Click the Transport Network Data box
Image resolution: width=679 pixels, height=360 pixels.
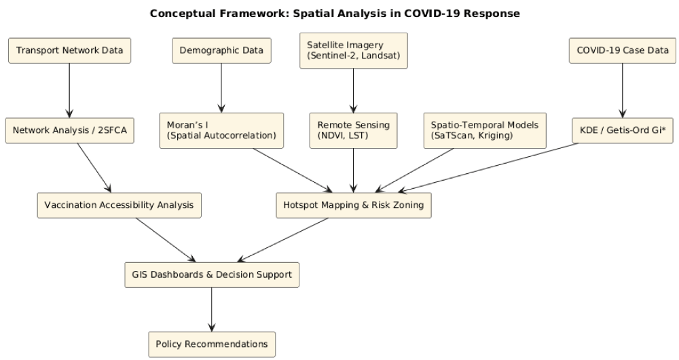click(x=69, y=51)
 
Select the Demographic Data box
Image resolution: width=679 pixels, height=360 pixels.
click(x=222, y=51)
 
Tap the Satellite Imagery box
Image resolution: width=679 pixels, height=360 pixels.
click(x=354, y=51)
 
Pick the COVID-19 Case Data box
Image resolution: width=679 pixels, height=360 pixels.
click(x=623, y=51)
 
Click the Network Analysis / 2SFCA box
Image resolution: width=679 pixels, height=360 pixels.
click(x=70, y=130)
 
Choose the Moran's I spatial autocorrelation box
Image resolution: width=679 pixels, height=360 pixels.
click(x=222, y=130)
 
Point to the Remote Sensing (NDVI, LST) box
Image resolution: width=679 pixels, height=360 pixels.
click(x=353, y=130)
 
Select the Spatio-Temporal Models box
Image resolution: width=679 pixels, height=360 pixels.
click(x=485, y=130)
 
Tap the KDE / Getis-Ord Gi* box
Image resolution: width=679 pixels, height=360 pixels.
click(x=623, y=130)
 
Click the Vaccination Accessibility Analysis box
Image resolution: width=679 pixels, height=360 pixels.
click(x=119, y=205)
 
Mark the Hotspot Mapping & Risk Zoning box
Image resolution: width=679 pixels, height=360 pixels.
click(x=354, y=205)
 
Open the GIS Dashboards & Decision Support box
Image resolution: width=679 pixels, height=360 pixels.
click(x=212, y=275)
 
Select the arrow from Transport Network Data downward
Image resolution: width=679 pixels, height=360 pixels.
click(x=69, y=90)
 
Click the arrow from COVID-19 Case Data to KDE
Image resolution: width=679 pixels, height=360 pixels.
click(x=623, y=90)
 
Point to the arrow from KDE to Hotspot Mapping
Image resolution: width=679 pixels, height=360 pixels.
click(x=488, y=168)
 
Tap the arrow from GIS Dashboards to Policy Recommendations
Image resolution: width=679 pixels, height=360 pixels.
click(x=212, y=310)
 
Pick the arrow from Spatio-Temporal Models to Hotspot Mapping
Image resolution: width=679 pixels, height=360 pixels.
click(x=414, y=170)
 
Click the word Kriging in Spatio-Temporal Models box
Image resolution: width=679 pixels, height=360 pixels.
click(x=496, y=136)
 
